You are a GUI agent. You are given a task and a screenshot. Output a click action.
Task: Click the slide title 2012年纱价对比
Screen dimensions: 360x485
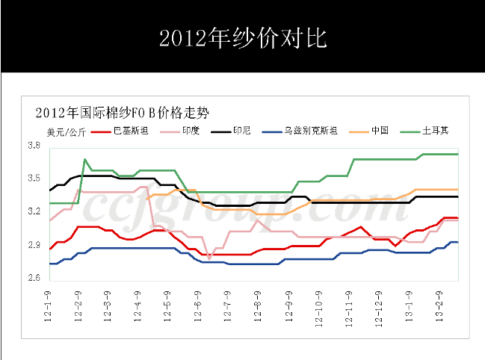click(x=242, y=38)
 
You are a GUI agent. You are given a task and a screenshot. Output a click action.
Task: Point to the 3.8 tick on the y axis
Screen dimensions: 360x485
click(x=34, y=146)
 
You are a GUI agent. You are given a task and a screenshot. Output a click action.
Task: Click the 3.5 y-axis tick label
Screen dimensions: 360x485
click(x=34, y=179)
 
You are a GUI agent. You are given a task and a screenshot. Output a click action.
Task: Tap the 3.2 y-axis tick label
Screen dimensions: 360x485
click(x=34, y=212)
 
